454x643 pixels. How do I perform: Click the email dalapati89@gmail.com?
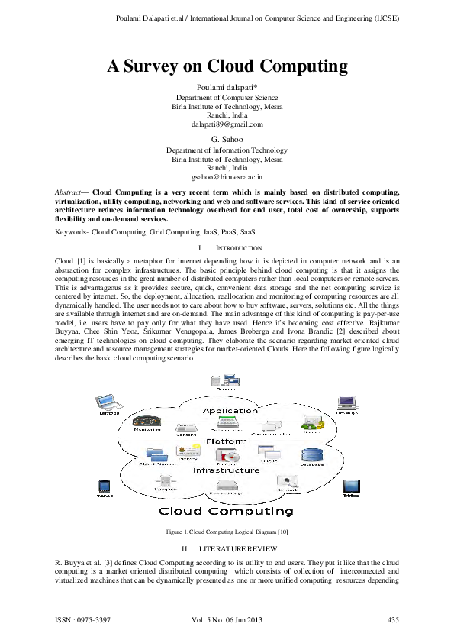point(227,124)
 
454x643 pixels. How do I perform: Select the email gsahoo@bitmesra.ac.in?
point(227,176)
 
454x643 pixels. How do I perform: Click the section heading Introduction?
point(240,248)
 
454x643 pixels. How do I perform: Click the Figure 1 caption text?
point(227,531)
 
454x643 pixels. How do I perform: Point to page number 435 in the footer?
point(394,619)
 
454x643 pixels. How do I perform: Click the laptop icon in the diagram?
point(108,402)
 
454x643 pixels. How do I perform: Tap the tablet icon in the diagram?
point(350,486)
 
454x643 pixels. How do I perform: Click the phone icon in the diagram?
point(104,486)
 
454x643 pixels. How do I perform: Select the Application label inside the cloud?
point(230,410)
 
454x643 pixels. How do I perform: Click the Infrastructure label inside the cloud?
point(227,470)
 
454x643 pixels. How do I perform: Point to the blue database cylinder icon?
point(311,456)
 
